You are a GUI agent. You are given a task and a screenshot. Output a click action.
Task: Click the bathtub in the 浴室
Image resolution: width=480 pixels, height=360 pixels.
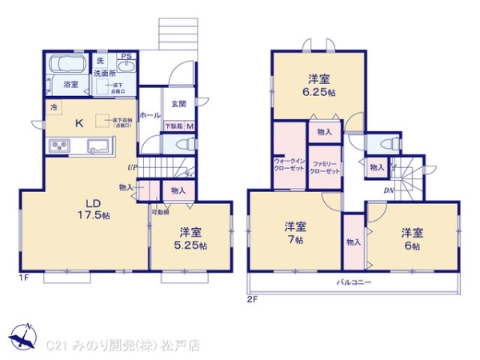pyautogui.click(x=70, y=65)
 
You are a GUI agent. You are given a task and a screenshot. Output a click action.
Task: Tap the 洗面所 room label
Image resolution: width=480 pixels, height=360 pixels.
pyautogui.click(x=104, y=74)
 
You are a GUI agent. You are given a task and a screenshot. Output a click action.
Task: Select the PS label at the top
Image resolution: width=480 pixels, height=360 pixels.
pyautogui.click(x=126, y=56)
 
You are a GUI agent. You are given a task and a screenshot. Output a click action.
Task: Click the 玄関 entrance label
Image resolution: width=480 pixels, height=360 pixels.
pyautogui.click(x=178, y=103)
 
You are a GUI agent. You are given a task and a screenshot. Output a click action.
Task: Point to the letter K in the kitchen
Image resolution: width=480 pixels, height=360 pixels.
pyautogui.click(x=79, y=123)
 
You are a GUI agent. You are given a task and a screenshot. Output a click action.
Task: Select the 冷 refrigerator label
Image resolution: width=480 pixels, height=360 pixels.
pyautogui.click(x=54, y=107)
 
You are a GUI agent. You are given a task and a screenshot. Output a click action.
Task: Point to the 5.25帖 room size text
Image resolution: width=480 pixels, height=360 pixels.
pyautogui.click(x=190, y=246)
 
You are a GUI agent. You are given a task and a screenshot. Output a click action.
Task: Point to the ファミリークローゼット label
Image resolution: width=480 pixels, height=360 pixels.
pyautogui.click(x=325, y=166)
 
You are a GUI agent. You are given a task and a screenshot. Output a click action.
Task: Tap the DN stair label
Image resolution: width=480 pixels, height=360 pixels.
pyautogui.click(x=388, y=190)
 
